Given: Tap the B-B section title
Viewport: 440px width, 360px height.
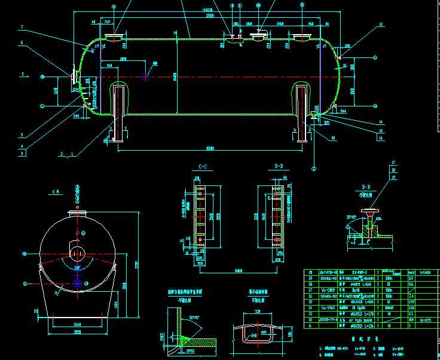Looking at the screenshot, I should [x=366, y=187].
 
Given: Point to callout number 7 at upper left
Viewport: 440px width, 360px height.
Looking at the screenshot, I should [x=22, y=28].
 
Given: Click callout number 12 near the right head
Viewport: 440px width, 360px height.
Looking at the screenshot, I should [x=380, y=25].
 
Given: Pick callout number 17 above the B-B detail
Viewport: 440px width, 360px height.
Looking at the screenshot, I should [x=393, y=163].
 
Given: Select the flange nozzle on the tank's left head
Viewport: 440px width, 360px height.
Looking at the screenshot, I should [x=74, y=77].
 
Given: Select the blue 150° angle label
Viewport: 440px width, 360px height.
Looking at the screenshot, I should [x=78, y=267].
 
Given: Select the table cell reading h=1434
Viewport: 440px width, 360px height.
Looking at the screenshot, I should [x=426, y=271].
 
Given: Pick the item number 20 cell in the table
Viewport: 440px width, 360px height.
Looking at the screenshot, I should [x=310, y=271].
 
